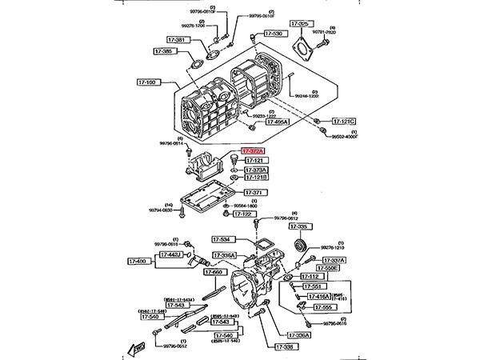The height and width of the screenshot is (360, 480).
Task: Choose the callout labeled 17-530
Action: point(274,34)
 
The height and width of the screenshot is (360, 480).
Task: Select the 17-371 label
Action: point(255,193)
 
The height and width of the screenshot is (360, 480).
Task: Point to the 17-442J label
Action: point(170,254)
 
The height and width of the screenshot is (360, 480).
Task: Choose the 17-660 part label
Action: point(215,272)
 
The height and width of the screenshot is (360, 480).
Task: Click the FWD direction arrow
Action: point(132,347)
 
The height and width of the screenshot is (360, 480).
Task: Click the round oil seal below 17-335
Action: point(301,244)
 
